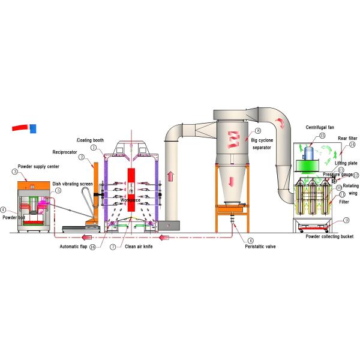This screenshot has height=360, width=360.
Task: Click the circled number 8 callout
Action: pyautogui.click(x=257, y=130)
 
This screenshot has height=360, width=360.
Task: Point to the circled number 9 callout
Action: pyautogui.click(x=346, y=220)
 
